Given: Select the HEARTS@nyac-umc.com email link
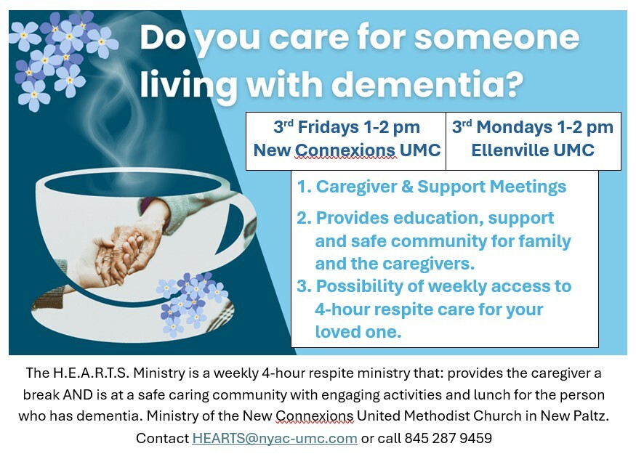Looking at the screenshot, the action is click(275, 438).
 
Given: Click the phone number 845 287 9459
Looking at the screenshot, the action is click(448, 438).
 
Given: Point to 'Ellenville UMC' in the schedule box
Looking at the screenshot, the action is click(533, 150).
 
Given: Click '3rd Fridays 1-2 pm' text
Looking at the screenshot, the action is click(347, 127).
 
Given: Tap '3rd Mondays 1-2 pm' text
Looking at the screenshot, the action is click(533, 127).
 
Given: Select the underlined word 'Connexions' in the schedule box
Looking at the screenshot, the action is click(345, 150).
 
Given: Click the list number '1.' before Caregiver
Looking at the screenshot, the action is click(305, 187).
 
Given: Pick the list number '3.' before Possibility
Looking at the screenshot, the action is click(305, 286).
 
